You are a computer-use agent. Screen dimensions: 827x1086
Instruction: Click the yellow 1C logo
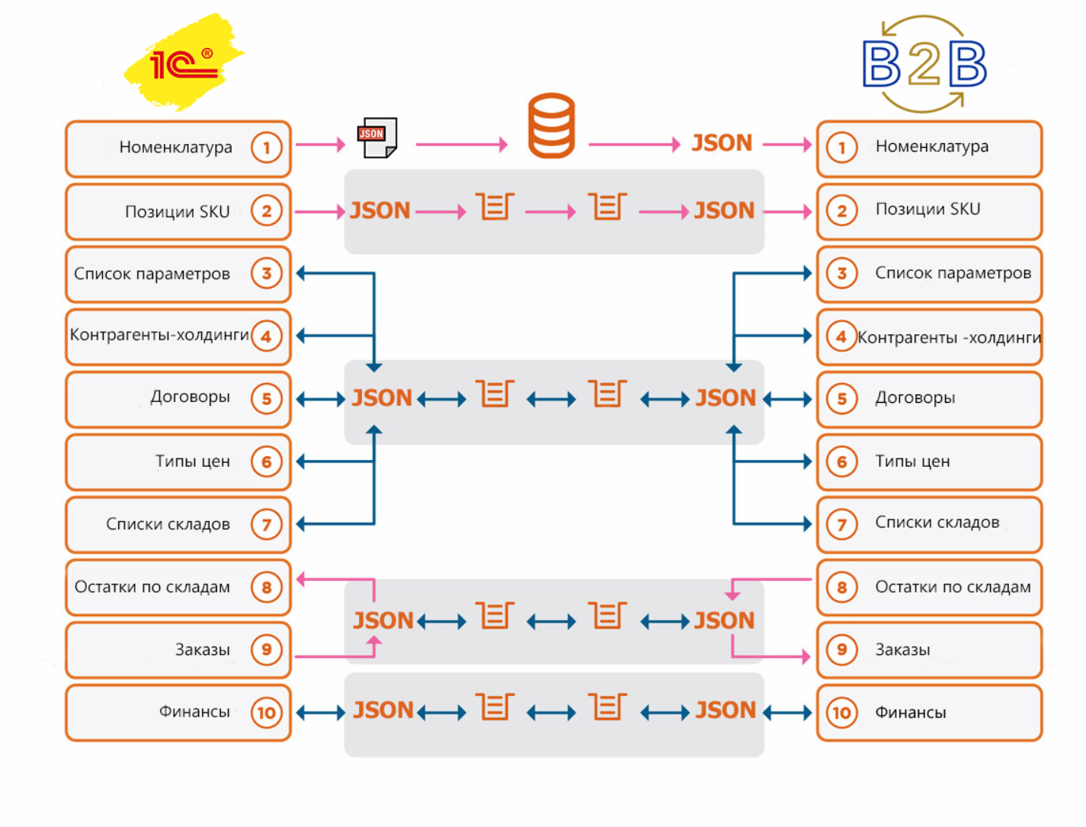click(184, 62)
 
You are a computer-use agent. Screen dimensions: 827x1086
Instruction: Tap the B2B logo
click(924, 64)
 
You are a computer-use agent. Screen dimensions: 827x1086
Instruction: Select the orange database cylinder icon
click(551, 126)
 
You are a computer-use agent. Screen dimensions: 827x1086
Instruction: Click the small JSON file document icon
click(377, 138)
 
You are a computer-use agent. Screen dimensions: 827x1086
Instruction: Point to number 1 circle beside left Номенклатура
click(266, 148)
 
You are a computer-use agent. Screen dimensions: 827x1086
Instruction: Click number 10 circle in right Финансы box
click(841, 713)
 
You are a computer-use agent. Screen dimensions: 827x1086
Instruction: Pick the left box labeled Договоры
click(178, 399)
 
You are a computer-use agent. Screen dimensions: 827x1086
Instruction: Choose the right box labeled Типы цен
click(929, 462)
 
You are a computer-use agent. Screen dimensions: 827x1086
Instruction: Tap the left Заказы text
click(203, 650)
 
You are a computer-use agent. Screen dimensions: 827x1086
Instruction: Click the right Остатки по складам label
click(953, 587)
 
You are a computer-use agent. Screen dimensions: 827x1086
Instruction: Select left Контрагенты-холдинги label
click(159, 335)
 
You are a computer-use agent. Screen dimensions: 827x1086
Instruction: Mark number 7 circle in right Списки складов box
click(841, 525)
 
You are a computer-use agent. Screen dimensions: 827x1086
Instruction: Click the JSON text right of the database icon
click(722, 143)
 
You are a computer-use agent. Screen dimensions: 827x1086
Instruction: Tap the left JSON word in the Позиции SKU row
click(380, 210)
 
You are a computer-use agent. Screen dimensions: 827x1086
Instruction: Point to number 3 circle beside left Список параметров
click(266, 273)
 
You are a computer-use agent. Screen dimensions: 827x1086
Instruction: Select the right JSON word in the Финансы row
click(726, 710)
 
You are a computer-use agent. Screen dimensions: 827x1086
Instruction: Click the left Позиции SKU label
click(177, 212)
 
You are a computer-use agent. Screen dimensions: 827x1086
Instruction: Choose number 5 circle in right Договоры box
click(841, 399)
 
